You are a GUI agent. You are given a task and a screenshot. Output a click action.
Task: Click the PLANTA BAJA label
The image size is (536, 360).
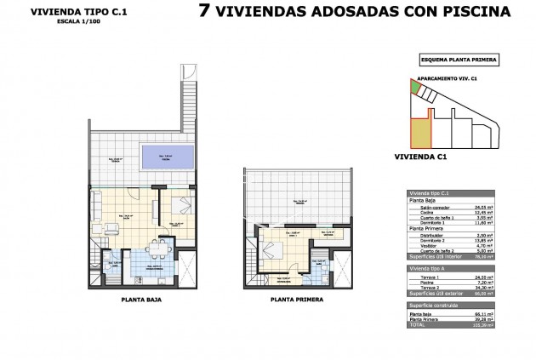(141, 300)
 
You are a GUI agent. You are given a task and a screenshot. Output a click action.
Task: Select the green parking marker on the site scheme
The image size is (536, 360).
(415, 86)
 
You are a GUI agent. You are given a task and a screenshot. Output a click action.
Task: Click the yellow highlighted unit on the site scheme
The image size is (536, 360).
(420, 132)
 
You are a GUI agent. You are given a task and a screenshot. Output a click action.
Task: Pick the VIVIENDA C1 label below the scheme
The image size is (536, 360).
(421, 157)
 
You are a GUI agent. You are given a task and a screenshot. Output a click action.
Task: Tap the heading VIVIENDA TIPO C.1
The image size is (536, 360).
(71, 11)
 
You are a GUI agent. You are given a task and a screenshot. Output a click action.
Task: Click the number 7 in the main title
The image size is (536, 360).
(204, 12)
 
